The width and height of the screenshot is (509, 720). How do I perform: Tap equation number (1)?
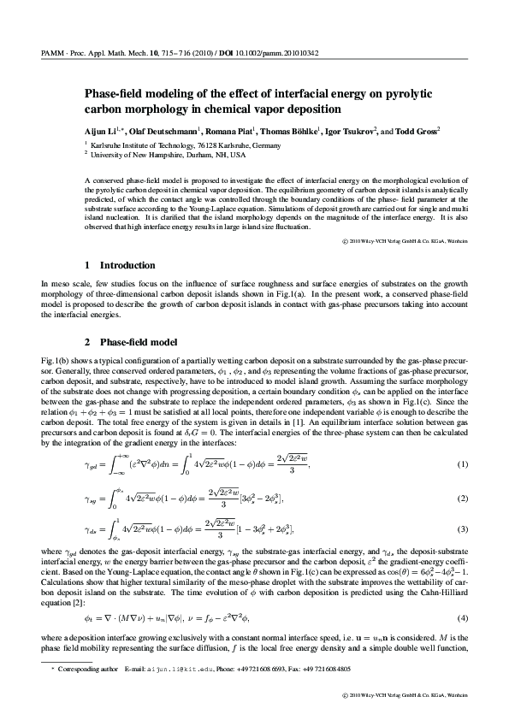(464, 464)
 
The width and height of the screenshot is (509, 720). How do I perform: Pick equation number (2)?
(464, 498)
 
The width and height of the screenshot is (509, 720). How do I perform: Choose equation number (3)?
(464, 530)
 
